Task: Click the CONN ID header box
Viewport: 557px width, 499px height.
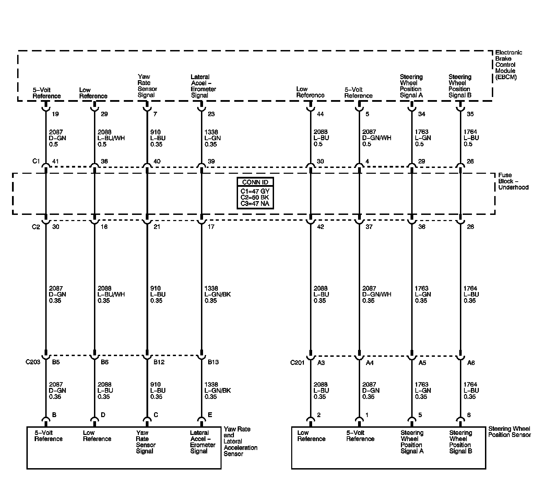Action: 255,182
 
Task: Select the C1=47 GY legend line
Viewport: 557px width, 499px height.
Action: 255,191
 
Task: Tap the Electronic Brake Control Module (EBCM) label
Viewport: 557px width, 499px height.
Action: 508,65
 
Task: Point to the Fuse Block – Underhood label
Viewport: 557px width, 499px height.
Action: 513,181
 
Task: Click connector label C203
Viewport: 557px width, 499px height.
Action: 33,362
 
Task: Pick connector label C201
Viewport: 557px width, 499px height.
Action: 297,363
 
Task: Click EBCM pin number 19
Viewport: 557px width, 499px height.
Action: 55,114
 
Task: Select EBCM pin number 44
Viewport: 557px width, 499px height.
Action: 320,114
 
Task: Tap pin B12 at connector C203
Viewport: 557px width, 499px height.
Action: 159,362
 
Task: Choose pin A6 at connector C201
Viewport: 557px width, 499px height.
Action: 471,363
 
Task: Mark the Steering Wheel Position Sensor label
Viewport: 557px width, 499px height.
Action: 509,432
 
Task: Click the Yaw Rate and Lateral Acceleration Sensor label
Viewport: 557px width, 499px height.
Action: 240,441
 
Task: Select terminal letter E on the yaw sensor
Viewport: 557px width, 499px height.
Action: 210,415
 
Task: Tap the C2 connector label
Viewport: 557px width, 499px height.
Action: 36,227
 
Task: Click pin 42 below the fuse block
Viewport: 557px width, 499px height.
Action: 320,227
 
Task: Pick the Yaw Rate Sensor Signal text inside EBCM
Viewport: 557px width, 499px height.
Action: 147,86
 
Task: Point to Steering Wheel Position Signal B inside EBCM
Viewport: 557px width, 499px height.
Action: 460,86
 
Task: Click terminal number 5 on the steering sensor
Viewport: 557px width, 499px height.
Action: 420,415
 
